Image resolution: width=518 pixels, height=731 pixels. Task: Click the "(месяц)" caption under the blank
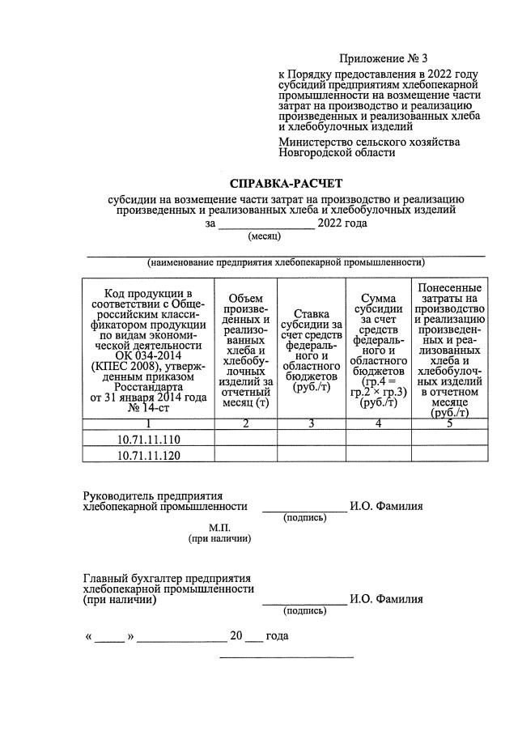(x=263, y=236)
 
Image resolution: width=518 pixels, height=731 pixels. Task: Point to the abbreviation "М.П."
(x=220, y=527)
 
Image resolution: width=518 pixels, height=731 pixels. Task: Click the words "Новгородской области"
(x=337, y=152)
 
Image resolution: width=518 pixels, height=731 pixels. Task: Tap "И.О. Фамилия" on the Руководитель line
(x=386, y=507)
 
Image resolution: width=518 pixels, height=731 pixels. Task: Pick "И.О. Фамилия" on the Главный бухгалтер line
(x=386, y=601)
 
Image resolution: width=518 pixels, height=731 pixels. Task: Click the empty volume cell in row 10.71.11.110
(x=245, y=439)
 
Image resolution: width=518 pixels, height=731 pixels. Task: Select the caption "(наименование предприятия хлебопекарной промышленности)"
(x=287, y=262)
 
